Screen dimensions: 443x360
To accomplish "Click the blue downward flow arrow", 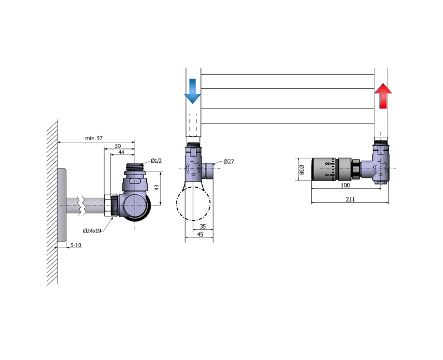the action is pos(192,91).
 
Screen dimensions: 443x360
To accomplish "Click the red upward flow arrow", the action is pos(383,96).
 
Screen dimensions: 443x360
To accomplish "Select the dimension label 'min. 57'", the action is pos(94,138).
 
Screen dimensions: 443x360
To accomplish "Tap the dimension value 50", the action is pos(118,146).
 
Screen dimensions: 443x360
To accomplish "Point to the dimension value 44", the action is pos(121,152).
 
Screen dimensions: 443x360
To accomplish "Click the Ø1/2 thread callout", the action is pos(156,161).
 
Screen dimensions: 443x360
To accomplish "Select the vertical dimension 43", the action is pos(157,187).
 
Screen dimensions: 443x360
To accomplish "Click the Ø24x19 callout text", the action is pos(92,231).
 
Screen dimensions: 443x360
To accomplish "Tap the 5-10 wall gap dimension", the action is pos(76,245).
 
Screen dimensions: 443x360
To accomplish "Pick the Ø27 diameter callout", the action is pos(229,162).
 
